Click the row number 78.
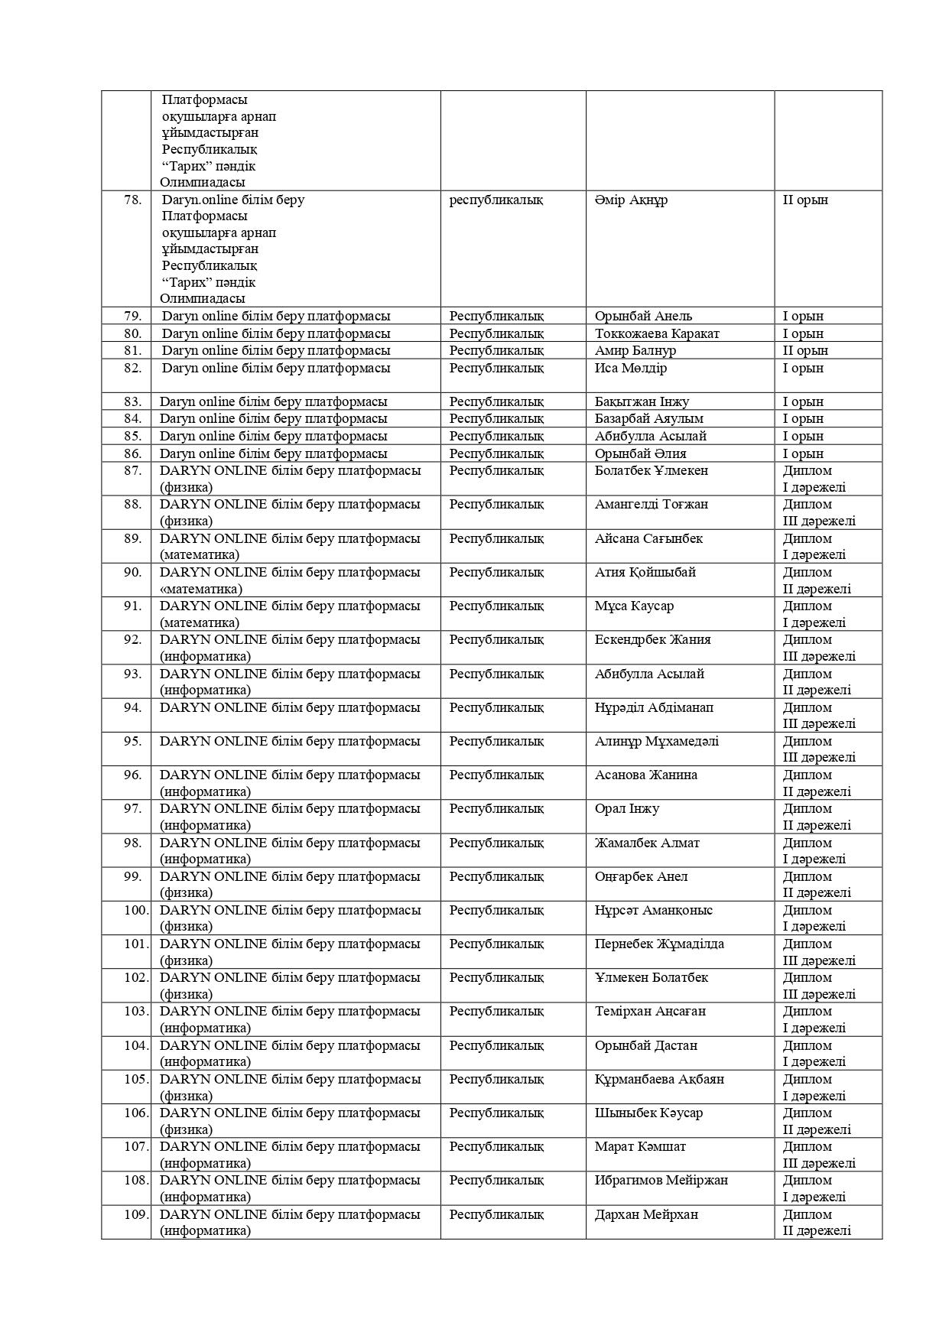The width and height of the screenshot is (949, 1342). click(133, 200)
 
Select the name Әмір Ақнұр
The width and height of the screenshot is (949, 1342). click(631, 200)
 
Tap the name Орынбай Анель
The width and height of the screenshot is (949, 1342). click(643, 316)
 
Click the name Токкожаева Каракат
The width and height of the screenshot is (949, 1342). click(657, 333)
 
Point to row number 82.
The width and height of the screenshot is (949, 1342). click(133, 368)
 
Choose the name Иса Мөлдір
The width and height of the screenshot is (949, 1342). click(631, 368)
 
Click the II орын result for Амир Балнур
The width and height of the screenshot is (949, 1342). click(805, 350)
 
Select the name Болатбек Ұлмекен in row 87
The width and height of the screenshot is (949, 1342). click(652, 470)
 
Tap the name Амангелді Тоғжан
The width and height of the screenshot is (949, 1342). click(652, 504)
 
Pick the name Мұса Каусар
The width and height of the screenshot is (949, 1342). click(634, 606)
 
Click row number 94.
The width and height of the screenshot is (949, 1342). click(133, 707)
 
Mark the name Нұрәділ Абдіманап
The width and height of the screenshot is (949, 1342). click(654, 707)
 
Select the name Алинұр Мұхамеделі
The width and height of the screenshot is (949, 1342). click(657, 741)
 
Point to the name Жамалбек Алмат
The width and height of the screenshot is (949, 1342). click(647, 843)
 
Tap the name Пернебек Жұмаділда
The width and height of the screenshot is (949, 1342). click(659, 944)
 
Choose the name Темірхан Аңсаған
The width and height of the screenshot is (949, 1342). click(650, 1011)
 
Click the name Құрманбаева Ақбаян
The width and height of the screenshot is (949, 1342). click(659, 1079)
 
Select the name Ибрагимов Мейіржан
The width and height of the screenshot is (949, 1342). click(661, 1180)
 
